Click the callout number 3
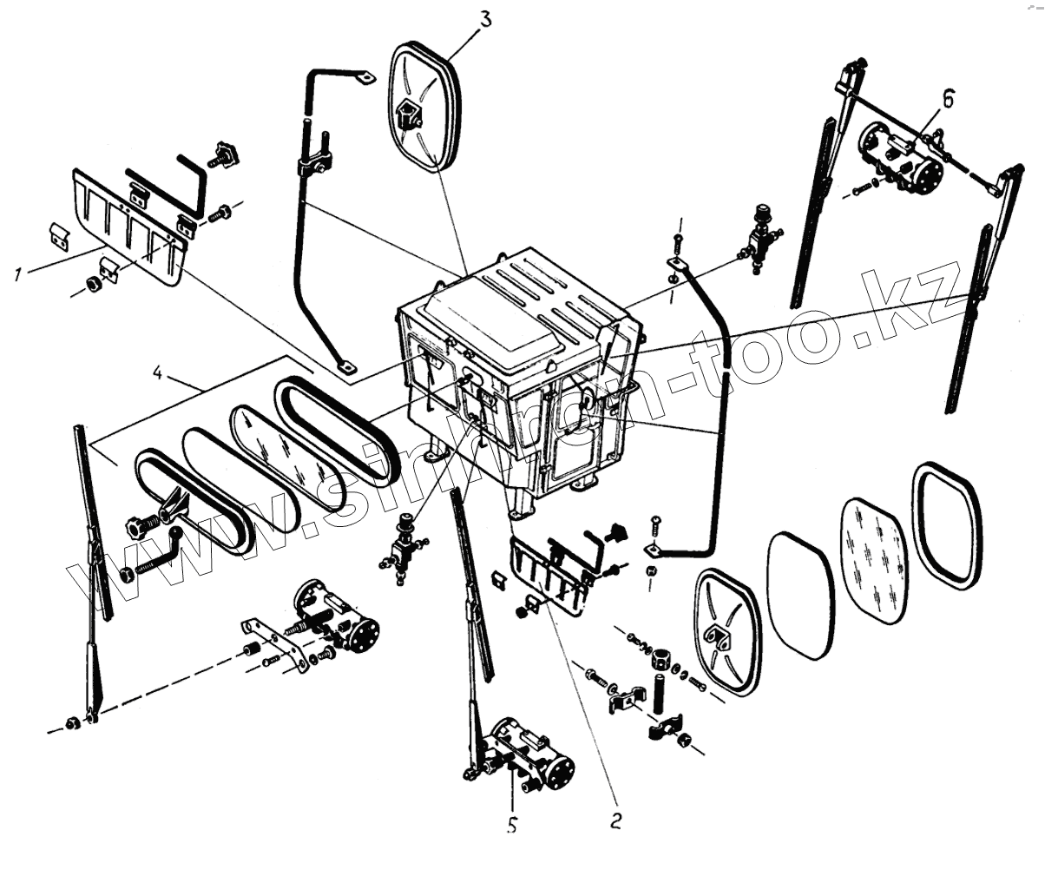click(x=486, y=18)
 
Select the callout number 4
click(x=157, y=375)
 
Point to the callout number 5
click(x=512, y=825)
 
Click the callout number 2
click(x=615, y=821)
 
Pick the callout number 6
click(x=948, y=101)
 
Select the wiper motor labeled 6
click(x=903, y=156)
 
